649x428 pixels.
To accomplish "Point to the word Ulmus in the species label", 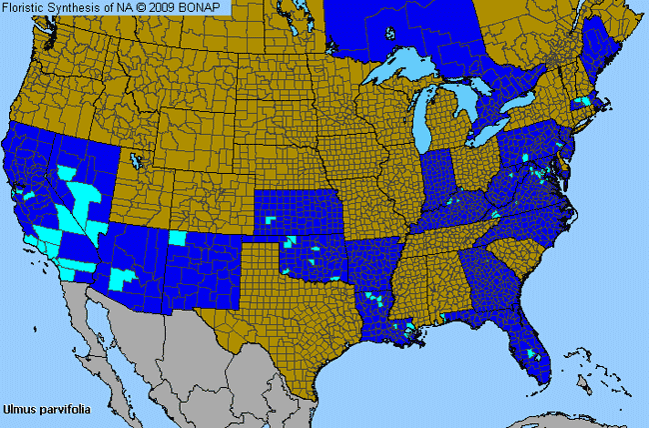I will pos(20,409).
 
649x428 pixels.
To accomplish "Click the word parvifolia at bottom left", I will pos(62,409).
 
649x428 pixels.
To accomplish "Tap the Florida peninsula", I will pos(524,345).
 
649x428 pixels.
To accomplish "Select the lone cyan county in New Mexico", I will pos(177,238).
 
